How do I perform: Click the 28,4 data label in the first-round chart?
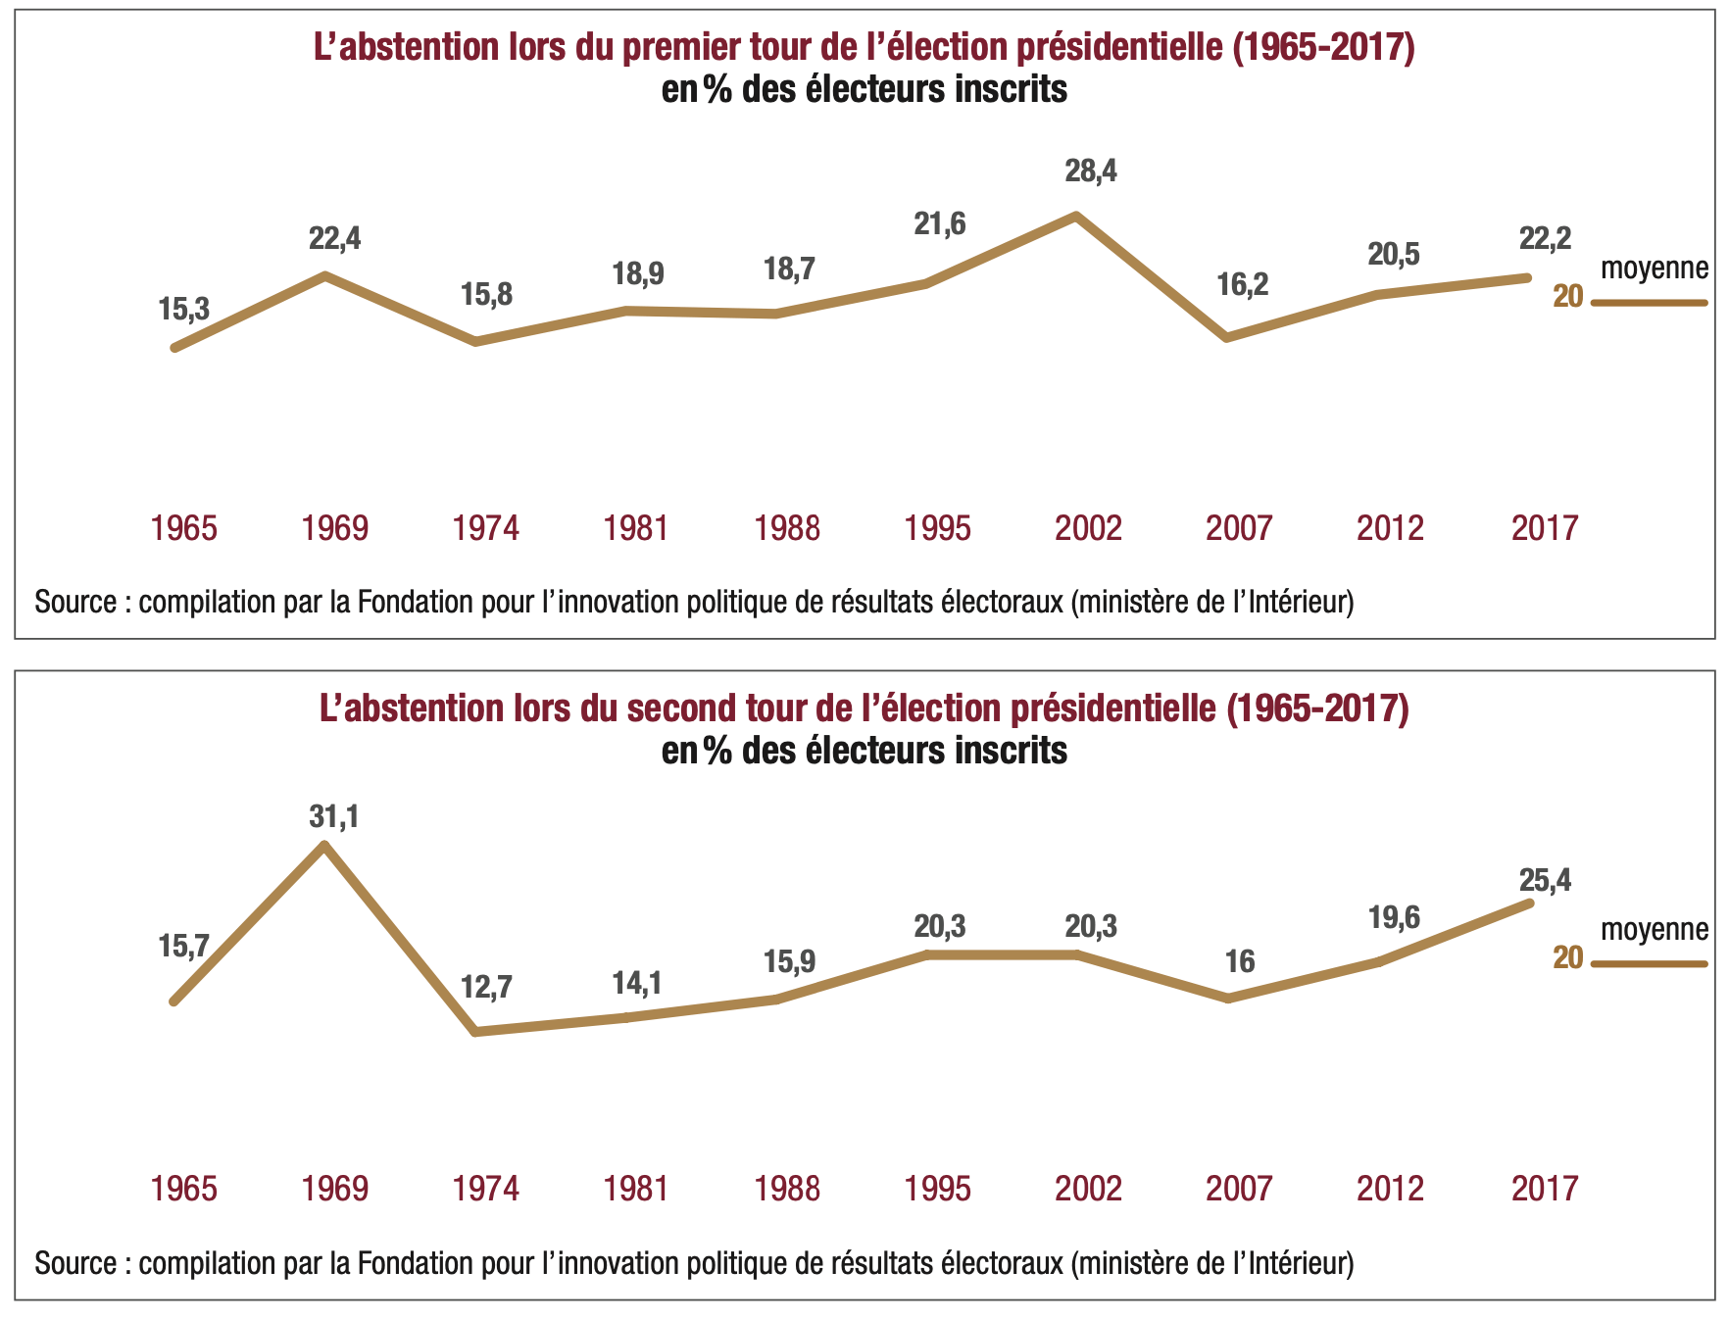point(1090,171)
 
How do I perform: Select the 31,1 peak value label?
point(333,816)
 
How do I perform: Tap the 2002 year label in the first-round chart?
point(1088,528)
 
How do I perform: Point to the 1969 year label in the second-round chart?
point(335,1189)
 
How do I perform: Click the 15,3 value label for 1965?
point(183,310)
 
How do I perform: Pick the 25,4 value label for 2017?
point(1545,880)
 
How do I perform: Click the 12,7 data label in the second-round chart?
point(486,987)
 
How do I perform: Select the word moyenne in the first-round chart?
point(1655,268)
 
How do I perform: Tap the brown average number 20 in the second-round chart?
point(1568,957)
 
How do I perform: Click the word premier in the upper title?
point(682,47)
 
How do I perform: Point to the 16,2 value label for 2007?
point(1242,285)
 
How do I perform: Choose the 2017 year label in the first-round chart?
point(1545,528)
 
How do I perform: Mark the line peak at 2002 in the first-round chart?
point(1076,215)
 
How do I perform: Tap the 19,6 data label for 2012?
point(1394,917)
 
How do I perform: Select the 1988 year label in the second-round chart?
point(787,1189)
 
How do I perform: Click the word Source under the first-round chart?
point(74,602)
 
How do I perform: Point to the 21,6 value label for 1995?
point(939,224)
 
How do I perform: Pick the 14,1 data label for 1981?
point(637,983)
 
